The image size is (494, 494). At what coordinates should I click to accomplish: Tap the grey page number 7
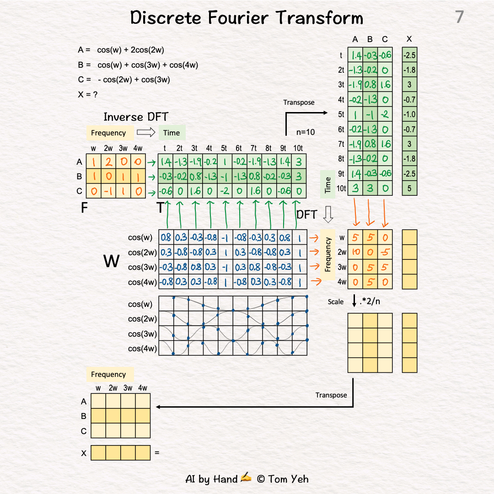tap(459, 17)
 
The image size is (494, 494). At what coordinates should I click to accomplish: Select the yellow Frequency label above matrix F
tap(108, 133)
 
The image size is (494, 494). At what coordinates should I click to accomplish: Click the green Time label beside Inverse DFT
tap(172, 133)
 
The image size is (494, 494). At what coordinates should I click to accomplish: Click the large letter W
tap(112, 261)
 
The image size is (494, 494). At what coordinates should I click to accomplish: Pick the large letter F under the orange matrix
tap(84, 208)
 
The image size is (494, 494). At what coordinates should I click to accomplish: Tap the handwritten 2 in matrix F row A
tap(109, 161)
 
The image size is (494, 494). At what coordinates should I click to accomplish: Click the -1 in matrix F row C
tap(108, 191)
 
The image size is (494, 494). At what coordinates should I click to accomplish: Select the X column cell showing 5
tap(409, 188)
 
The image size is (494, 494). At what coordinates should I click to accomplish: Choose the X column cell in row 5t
tap(409, 114)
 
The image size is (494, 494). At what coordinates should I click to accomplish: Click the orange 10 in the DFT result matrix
tap(355, 252)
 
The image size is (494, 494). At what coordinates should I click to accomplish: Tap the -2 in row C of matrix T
tap(225, 191)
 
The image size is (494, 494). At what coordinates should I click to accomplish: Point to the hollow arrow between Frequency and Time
tap(146, 133)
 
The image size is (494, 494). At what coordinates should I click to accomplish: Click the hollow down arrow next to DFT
tap(328, 214)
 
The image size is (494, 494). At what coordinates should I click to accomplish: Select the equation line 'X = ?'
tap(88, 95)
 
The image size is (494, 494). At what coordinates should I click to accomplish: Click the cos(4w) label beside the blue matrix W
tap(143, 282)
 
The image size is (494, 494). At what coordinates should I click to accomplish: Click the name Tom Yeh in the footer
tap(289, 479)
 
